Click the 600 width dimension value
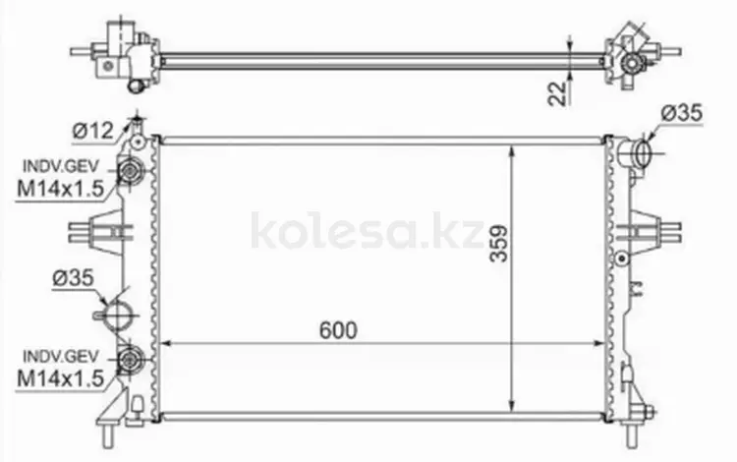point(338,330)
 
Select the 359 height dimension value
point(498,244)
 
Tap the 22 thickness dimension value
point(557,93)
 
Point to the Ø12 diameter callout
point(93,130)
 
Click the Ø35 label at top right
point(682,113)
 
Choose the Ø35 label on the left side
point(74,278)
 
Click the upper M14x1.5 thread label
point(60,189)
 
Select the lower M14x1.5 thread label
point(60,378)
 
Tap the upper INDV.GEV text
point(61,166)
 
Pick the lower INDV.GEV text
point(61,356)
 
